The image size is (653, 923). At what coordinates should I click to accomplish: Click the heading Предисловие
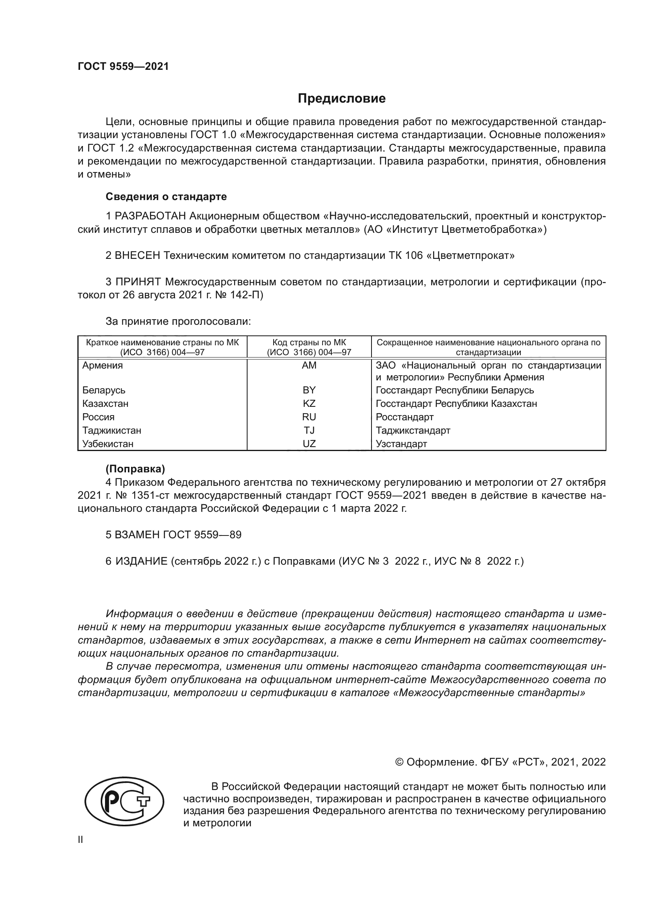pyautogui.click(x=342, y=99)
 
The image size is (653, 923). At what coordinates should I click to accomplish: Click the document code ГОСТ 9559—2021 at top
pyautogui.click(x=123, y=66)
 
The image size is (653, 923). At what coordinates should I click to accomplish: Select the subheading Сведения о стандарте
pyautogui.click(x=166, y=197)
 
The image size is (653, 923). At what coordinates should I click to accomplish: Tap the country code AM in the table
pyautogui.click(x=309, y=365)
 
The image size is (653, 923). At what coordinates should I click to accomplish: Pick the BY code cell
pyautogui.click(x=309, y=390)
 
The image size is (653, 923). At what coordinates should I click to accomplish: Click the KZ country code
pyautogui.click(x=309, y=403)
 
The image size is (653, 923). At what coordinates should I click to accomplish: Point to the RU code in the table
pyautogui.click(x=309, y=417)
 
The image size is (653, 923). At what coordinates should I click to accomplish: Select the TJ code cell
pyautogui.click(x=309, y=430)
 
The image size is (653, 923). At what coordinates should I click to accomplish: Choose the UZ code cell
pyautogui.click(x=309, y=444)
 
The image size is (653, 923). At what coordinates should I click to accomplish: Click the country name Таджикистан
pyautogui.click(x=112, y=430)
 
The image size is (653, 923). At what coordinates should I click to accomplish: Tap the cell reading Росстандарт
pyautogui.click(x=405, y=417)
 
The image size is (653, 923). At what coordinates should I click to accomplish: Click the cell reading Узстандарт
pyautogui.click(x=401, y=444)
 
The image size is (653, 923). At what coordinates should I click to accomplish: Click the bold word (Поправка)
pyautogui.click(x=135, y=469)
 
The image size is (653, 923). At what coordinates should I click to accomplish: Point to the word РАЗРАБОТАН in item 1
pyautogui.click(x=150, y=216)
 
